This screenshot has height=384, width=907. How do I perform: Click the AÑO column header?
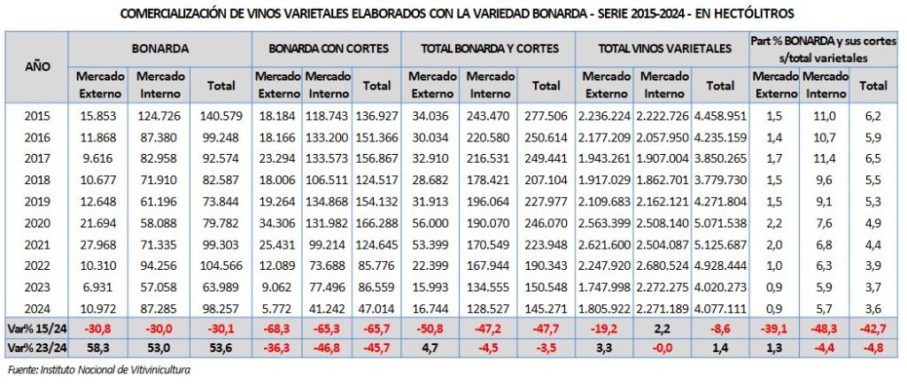tap(37, 67)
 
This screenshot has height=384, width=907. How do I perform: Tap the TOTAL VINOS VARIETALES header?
tap(664, 49)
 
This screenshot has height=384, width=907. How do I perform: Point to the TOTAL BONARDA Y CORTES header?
tap(489, 49)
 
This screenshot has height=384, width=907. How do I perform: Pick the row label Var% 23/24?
tap(37, 347)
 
